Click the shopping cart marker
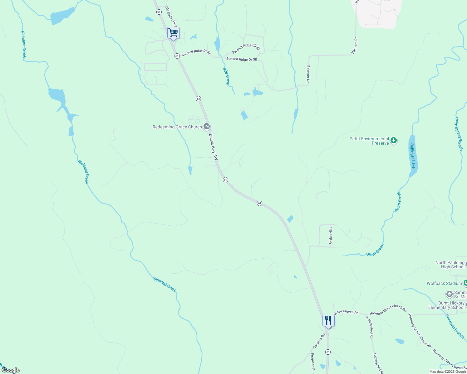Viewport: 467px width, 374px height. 173,33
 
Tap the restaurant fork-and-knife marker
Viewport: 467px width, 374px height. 328,320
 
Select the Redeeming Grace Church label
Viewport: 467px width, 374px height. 177,127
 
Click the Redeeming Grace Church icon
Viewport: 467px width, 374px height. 206,127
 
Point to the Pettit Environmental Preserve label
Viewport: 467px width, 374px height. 369,141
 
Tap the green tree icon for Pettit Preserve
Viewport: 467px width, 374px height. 394,141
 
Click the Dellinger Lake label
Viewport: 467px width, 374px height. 413,156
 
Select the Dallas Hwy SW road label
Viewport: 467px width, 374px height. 213,147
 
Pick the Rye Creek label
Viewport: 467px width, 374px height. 226,76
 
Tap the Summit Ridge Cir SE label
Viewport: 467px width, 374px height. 246,49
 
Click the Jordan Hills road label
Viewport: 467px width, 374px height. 331,236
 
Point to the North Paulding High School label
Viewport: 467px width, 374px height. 450,265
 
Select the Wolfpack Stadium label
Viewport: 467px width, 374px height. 444,284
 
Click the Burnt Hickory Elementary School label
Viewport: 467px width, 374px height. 447,305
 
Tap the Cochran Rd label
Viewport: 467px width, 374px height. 319,341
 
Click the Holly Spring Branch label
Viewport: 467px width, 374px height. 459,134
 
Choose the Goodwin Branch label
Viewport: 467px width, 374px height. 455,326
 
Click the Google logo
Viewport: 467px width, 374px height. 10,370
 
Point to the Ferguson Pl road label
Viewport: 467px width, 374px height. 312,362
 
